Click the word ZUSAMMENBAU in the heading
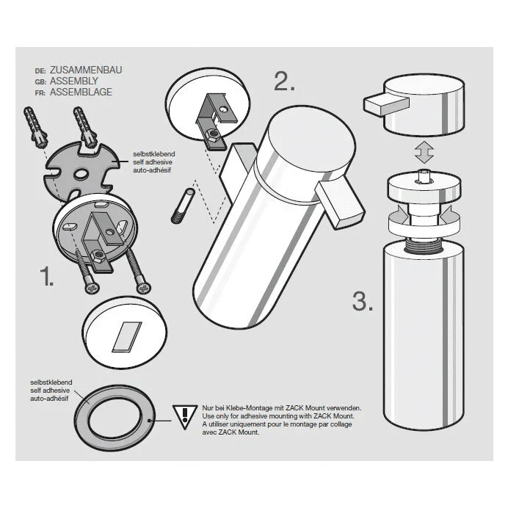(x=86, y=70)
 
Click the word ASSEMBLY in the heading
(x=74, y=81)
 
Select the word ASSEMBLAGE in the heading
(x=81, y=92)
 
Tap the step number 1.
(x=46, y=276)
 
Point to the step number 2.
(x=284, y=81)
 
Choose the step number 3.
(x=363, y=301)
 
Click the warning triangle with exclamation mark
(x=185, y=417)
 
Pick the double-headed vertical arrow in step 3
(x=424, y=152)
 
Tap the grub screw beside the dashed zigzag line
(x=183, y=206)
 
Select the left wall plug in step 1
(x=35, y=127)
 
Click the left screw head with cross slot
(x=92, y=288)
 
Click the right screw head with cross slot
(x=143, y=288)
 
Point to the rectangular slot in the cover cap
(x=127, y=337)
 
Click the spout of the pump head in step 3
(x=386, y=104)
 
